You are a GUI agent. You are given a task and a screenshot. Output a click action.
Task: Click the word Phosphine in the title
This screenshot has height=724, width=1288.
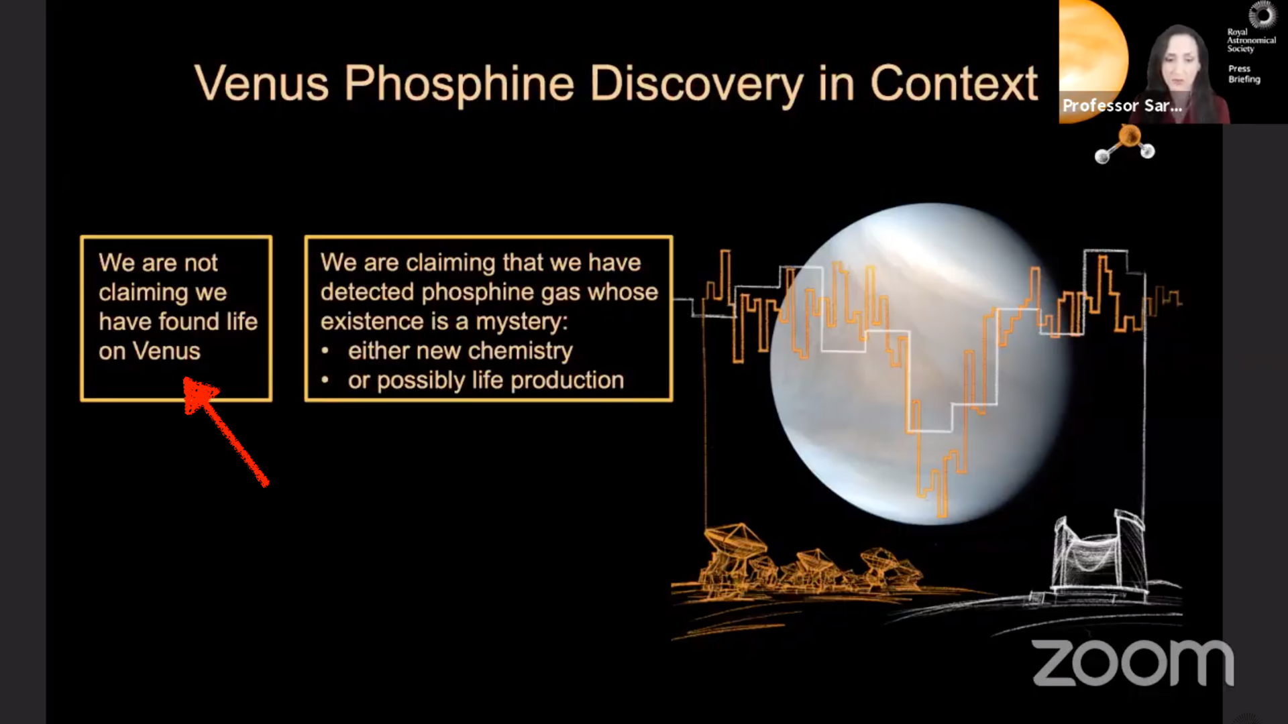coord(460,84)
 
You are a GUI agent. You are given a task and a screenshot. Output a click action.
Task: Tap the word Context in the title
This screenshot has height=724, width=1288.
coord(954,83)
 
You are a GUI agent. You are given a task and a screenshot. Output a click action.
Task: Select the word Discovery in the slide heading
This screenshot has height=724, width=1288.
coord(696,84)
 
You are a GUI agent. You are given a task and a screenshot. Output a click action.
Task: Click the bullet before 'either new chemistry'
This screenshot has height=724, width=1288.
coord(325,351)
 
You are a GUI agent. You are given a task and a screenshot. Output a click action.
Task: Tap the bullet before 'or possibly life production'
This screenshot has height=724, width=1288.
coord(325,380)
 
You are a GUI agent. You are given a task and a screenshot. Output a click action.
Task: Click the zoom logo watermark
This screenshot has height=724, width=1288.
coord(1132,662)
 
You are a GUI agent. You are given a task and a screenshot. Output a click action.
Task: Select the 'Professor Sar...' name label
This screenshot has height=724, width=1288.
coord(1122,105)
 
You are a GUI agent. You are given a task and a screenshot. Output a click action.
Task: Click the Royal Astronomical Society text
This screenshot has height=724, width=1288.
coord(1251,40)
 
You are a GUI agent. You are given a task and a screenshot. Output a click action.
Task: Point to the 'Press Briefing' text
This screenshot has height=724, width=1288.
coord(1244,74)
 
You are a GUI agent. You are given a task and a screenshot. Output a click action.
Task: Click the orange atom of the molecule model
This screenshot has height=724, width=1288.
coord(1130,136)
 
